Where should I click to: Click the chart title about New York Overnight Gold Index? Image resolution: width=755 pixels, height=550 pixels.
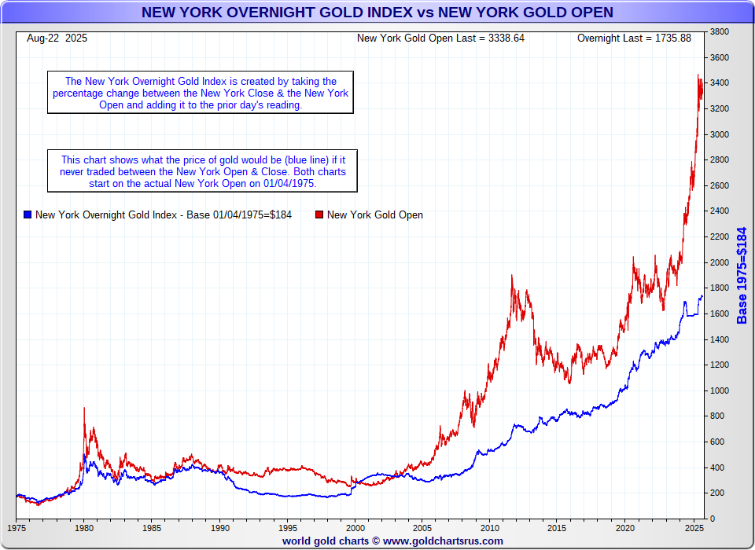point(377,13)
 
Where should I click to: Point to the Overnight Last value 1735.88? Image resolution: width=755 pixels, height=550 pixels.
point(672,38)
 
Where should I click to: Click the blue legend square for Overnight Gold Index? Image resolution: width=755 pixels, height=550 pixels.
point(28,214)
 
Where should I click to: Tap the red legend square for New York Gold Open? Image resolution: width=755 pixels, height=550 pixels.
point(319,214)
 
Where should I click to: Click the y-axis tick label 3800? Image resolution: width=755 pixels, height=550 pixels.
point(720,32)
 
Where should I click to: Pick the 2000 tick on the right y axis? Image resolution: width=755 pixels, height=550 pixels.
point(720,262)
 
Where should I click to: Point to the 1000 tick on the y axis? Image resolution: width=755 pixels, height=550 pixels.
point(720,390)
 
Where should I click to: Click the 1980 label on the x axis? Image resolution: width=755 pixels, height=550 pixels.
point(84,528)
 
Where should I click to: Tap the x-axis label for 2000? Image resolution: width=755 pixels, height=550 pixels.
point(355,528)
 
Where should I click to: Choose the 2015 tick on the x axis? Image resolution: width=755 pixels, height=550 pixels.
point(558,528)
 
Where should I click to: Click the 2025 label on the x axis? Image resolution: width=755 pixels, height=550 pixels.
point(693,528)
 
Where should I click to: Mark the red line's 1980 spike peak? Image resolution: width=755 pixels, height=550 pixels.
point(84,409)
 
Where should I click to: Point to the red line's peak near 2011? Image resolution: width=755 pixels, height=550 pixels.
point(512,276)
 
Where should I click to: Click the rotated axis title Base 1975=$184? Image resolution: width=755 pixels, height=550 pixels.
point(742,275)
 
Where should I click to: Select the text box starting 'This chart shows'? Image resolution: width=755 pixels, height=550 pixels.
point(203,170)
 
